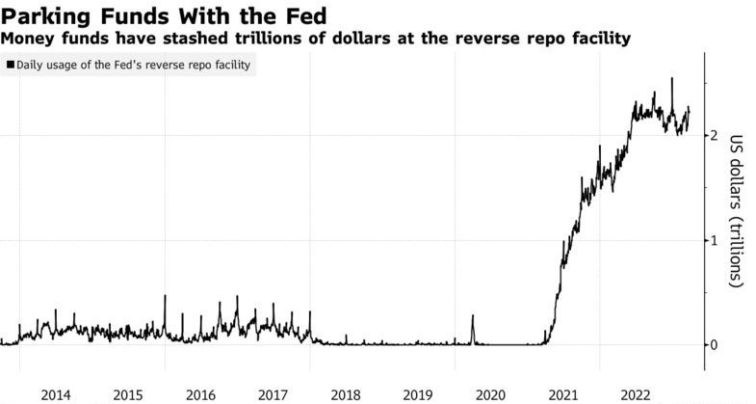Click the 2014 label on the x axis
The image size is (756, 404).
pyautogui.click(x=55, y=394)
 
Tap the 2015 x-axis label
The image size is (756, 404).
pyautogui.click(x=128, y=394)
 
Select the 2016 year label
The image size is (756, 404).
pyautogui.click(x=200, y=394)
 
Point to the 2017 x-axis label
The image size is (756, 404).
pyautogui.click(x=274, y=394)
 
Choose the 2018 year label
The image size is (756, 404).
pyautogui.click(x=346, y=394)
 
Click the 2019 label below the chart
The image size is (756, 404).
pyautogui.click(x=418, y=394)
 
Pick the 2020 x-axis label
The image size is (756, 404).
pyautogui.click(x=491, y=394)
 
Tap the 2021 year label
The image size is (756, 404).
pyautogui.click(x=563, y=394)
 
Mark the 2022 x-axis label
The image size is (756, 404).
pyautogui.click(x=637, y=394)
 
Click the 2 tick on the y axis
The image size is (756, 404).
pyautogui.click(x=714, y=136)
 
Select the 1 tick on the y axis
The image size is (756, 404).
pyautogui.click(x=714, y=240)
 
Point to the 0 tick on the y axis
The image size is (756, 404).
pyautogui.click(x=714, y=344)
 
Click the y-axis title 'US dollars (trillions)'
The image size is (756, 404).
pyautogui.click(x=737, y=210)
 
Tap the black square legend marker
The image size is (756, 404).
pyautogui.click(x=10, y=65)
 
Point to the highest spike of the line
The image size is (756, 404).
pyautogui.click(x=671, y=79)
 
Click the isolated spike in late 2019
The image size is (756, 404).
pyautogui.click(x=473, y=316)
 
